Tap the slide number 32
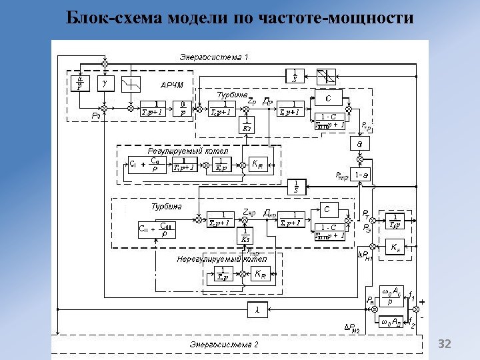click(444, 344)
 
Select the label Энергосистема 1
click(213, 57)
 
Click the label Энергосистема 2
click(223, 345)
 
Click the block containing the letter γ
click(105, 83)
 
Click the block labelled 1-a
click(362, 175)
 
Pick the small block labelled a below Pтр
click(359, 144)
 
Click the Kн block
click(395, 247)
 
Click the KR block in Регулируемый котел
click(258, 164)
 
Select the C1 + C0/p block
click(146, 164)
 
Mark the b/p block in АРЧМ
click(181, 107)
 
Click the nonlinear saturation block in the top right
click(326, 74)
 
